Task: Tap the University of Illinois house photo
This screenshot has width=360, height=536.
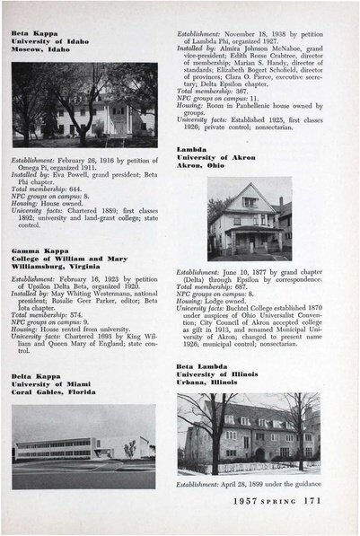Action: tap(248, 433)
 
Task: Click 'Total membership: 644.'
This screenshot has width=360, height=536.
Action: tap(50, 191)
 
